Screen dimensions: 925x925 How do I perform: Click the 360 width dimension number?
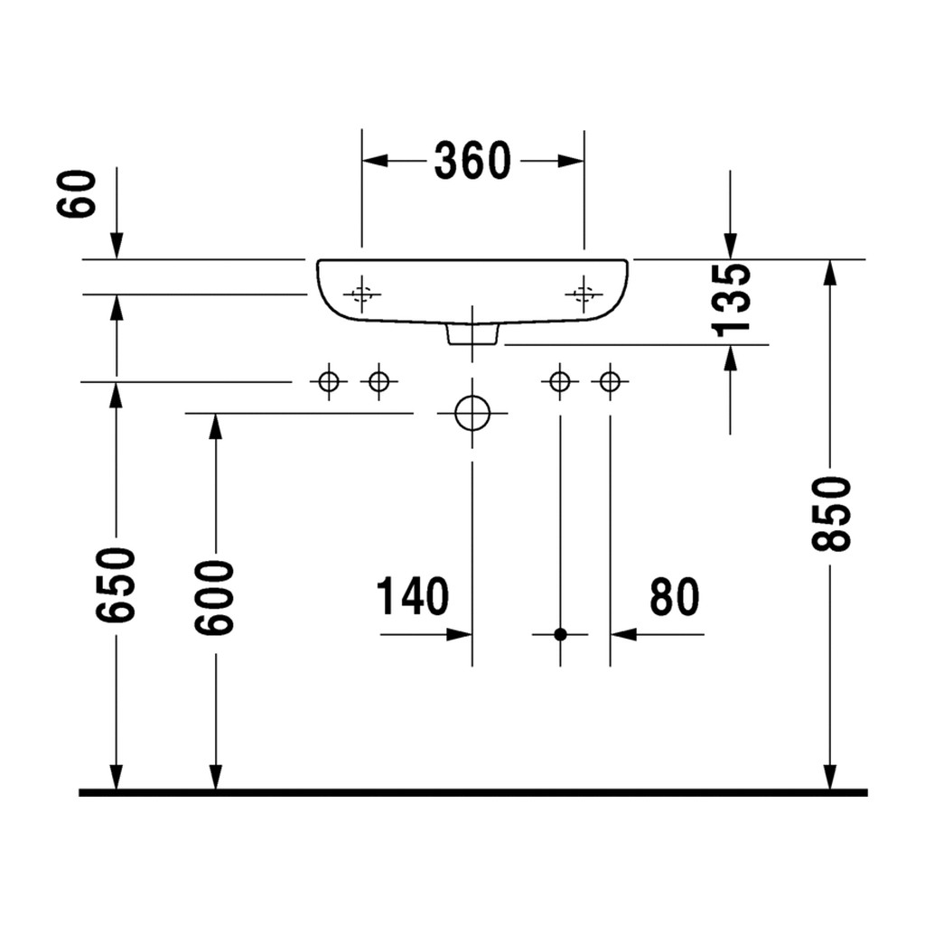click(472, 161)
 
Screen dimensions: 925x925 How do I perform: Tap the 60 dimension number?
click(77, 194)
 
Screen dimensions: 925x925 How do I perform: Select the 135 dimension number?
click(732, 300)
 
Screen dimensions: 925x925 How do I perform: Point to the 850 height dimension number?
click(831, 514)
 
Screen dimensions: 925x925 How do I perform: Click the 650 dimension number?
click(116, 584)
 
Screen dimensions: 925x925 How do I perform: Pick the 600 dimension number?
click(215, 598)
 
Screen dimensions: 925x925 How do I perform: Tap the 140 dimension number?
click(412, 596)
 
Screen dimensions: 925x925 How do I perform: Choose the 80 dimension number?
click(674, 596)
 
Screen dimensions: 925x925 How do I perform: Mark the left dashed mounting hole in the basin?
click(361, 294)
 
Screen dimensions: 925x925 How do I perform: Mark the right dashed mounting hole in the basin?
click(584, 294)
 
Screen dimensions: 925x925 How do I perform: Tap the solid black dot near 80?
click(560, 635)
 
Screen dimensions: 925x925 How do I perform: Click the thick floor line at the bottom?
click(473, 793)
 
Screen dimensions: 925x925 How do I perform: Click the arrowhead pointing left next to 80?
click(623, 635)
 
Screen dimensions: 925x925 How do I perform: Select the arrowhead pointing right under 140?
click(459, 635)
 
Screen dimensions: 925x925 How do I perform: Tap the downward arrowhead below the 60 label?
click(117, 246)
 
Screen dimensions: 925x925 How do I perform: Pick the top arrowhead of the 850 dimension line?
click(830, 273)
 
